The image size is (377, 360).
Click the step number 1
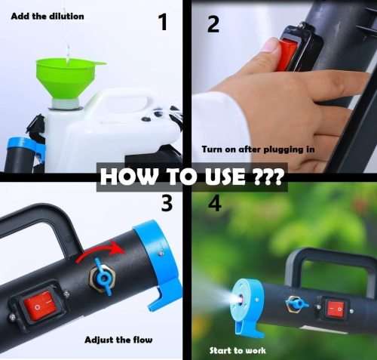point(162,23)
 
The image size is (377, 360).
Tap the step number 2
point(213,24)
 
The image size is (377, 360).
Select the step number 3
point(167,202)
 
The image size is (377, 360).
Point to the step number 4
point(213,204)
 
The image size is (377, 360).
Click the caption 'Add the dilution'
point(48,16)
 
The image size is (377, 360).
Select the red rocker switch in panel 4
point(334,308)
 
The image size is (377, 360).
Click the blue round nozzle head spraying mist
point(245,303)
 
